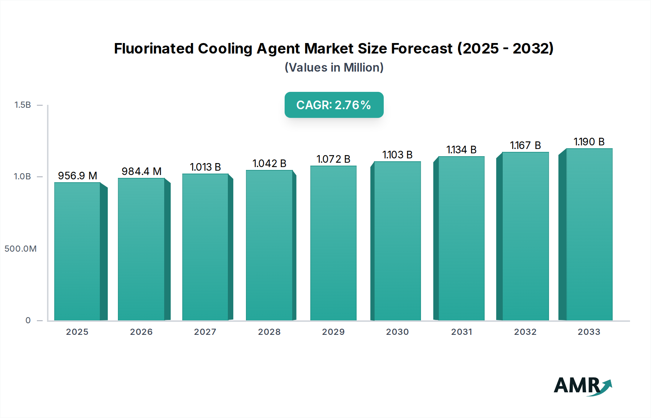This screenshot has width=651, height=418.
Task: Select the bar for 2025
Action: point(77,251)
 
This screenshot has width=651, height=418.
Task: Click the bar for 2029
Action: point(333,243)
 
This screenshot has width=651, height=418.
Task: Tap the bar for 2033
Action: point(589,234)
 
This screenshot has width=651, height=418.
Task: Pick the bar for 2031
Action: point(461,238)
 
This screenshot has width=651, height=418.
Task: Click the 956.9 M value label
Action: point(77,176)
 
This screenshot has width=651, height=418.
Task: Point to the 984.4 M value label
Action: point(141,171)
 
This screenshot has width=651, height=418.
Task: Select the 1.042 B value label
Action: point(269,163)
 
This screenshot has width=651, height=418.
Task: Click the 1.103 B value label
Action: point(397,155)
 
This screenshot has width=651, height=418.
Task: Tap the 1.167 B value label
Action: point(525,145)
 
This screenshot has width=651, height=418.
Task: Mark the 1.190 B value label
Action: point(589,142)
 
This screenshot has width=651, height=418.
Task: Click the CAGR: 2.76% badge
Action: point(334,105)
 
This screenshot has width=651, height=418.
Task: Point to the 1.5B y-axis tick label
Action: point(22,105)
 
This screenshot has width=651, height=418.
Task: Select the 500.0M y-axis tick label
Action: point(21,249)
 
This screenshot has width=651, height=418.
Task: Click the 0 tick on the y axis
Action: point(28,320)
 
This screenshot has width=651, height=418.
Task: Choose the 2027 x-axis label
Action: point(205,332)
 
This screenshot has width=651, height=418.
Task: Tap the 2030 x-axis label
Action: point(397,332)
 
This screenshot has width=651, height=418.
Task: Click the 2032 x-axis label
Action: point(525,332)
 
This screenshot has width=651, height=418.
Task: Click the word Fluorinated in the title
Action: point(153,48)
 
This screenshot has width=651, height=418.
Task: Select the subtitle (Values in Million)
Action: point(334,68)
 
